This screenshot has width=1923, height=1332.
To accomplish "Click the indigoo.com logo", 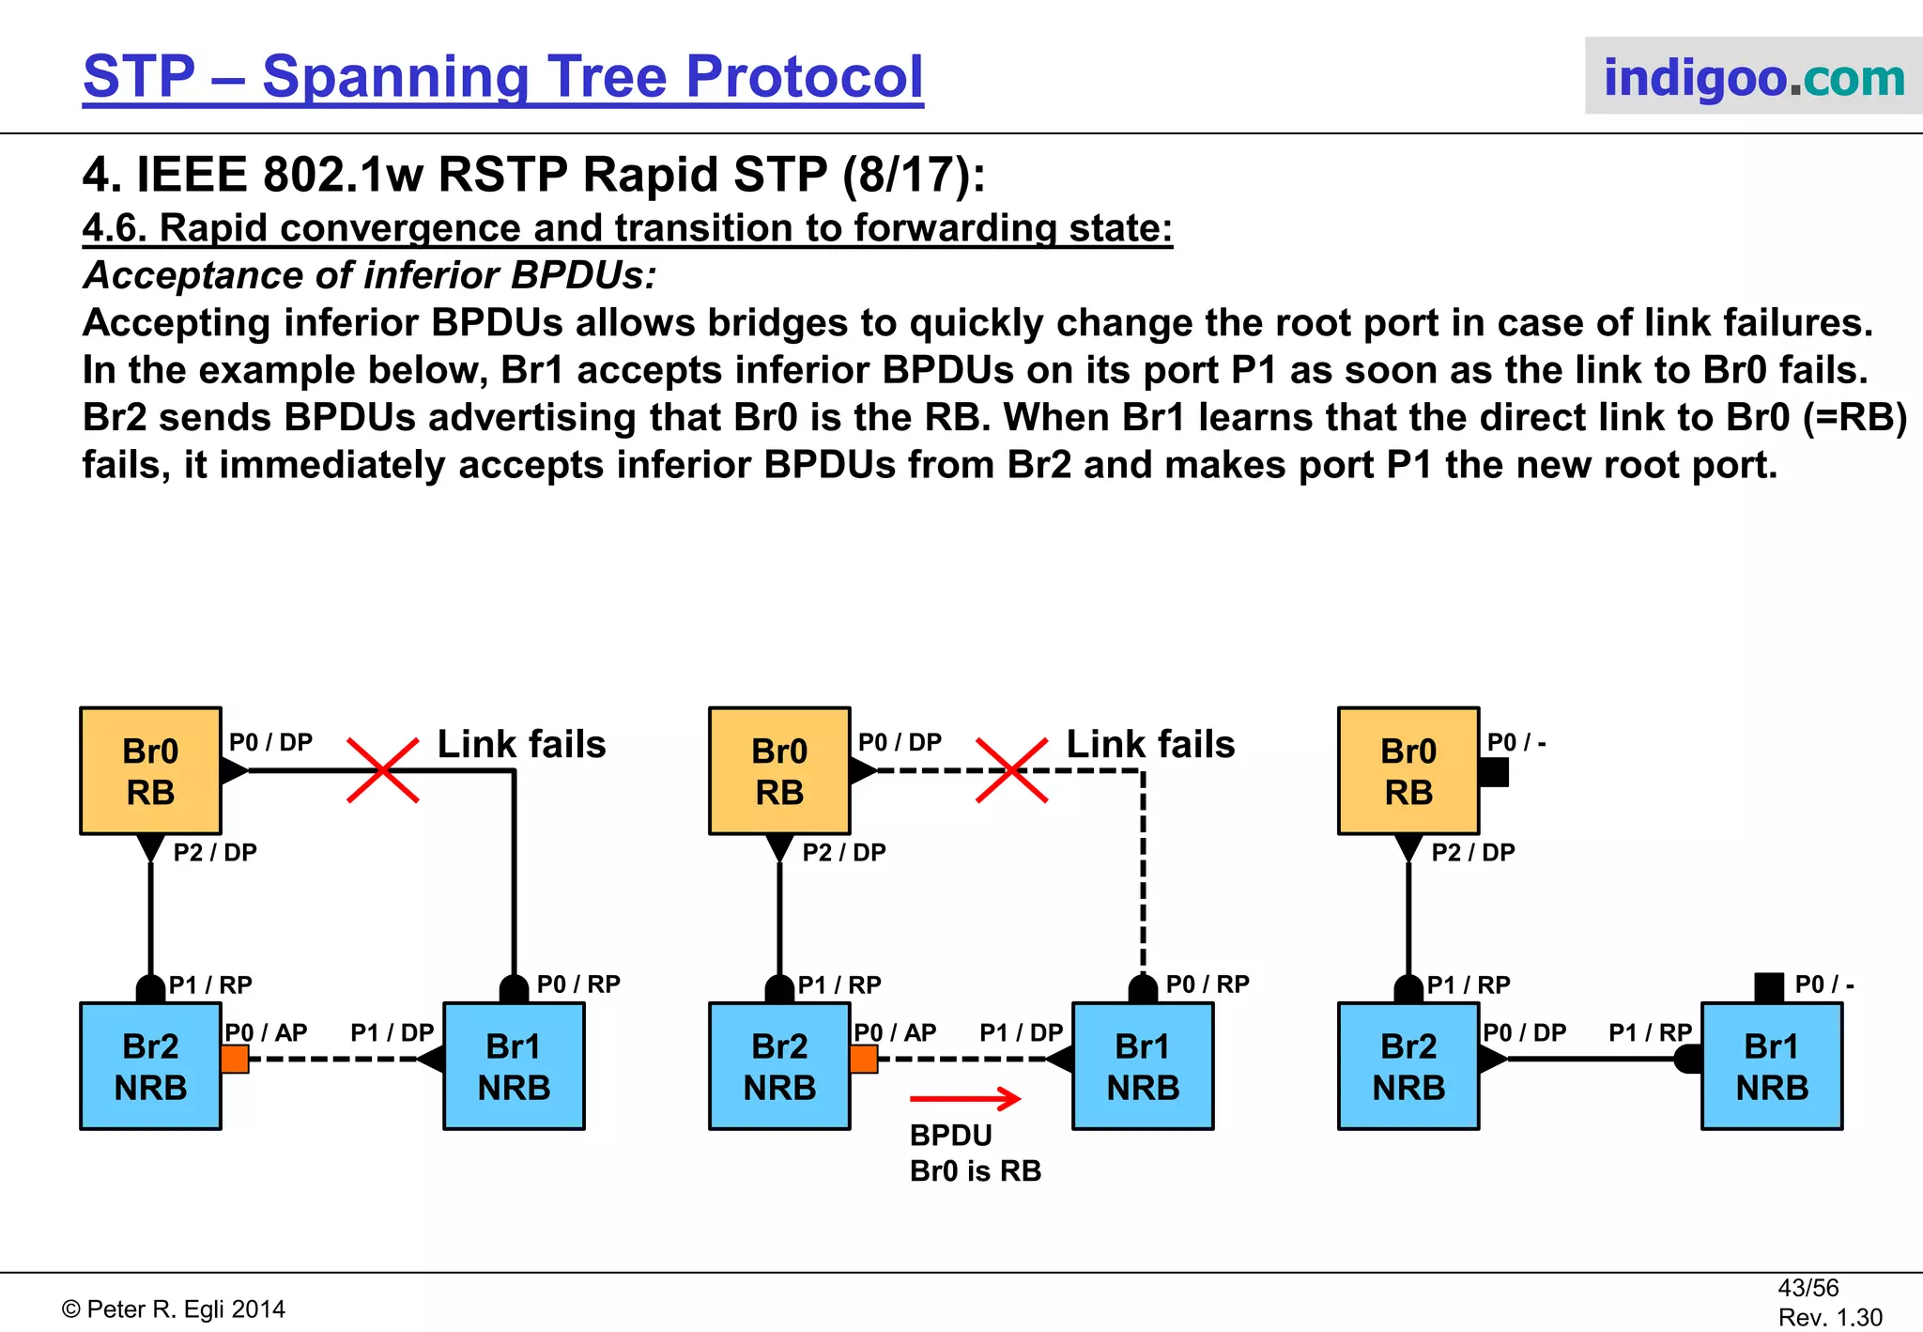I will coord(1753,77).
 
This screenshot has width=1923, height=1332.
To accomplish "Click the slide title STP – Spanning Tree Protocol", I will coord(503,77).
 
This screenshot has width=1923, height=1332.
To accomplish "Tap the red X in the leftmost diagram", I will coord(382,770).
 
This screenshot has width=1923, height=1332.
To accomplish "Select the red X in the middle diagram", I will coord(1011,770).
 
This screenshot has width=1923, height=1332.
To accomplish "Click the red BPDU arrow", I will coord(965,1097).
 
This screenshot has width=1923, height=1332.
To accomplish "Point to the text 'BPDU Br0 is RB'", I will coord(975,1154).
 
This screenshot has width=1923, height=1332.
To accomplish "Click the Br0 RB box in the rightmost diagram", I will coord(1408,771).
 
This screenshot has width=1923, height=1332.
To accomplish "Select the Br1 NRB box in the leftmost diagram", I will coord(514,1066).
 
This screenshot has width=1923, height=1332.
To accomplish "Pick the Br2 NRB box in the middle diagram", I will coord(779,1066).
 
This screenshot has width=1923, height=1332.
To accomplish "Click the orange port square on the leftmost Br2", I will coord(235,1060).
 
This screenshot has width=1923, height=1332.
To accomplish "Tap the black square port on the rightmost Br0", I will coord(1493,772).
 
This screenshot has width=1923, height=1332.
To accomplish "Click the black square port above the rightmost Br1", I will coord(1769,987).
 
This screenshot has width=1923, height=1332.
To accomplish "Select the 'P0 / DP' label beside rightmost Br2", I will coord(1524,1032).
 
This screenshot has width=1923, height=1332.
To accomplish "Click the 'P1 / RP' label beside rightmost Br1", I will coord(1650,1032).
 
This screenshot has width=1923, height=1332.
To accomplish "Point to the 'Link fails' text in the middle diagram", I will coord(1150,744).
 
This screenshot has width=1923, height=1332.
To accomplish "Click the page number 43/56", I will coord(1808,1288).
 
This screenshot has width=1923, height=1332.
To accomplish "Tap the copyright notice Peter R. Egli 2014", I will coord(174,1309).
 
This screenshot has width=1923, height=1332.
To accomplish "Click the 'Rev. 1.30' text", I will coord(1830,1317).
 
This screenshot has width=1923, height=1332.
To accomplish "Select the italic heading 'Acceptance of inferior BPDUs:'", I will coord(369,275).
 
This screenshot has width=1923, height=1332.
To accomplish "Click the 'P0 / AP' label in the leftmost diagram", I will coord(266,1032).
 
